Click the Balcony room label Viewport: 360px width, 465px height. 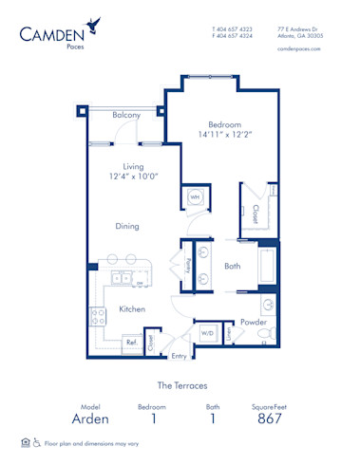point(126,115)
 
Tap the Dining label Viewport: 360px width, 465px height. point(126,226)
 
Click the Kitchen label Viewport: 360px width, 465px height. point(131,309)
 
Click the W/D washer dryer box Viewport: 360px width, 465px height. point(206,333)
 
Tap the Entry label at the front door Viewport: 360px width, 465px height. point(178,356)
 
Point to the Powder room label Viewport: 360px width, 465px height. point(252,322)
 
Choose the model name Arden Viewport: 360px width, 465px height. point(90,418)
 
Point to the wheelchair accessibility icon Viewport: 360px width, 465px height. point(36,442)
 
